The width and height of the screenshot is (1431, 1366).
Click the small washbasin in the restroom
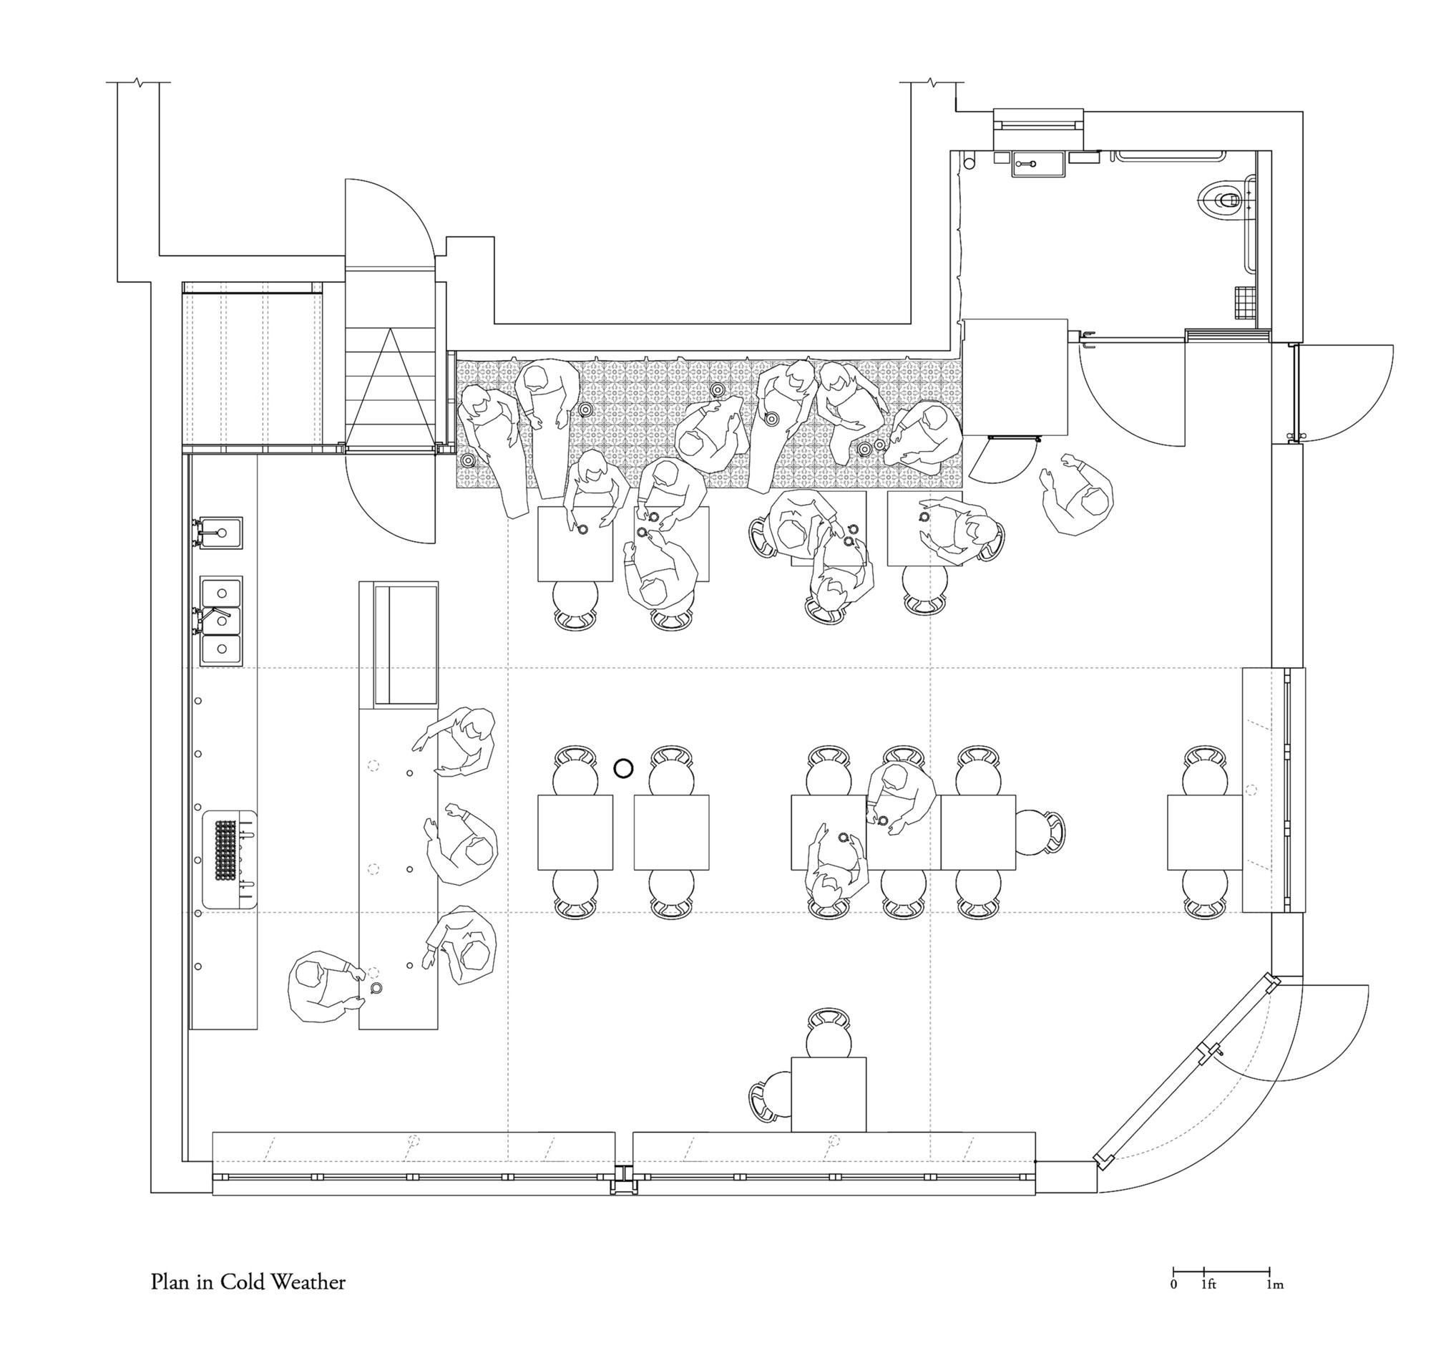(1037, 164)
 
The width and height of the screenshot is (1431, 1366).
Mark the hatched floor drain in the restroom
(1246, 302)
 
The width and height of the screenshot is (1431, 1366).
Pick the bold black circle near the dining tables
(622, 767)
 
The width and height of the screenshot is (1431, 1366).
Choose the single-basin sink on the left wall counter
(221, 533)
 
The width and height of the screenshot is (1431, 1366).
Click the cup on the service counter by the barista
(376, 988)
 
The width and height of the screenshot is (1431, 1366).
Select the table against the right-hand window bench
(1204, 832)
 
